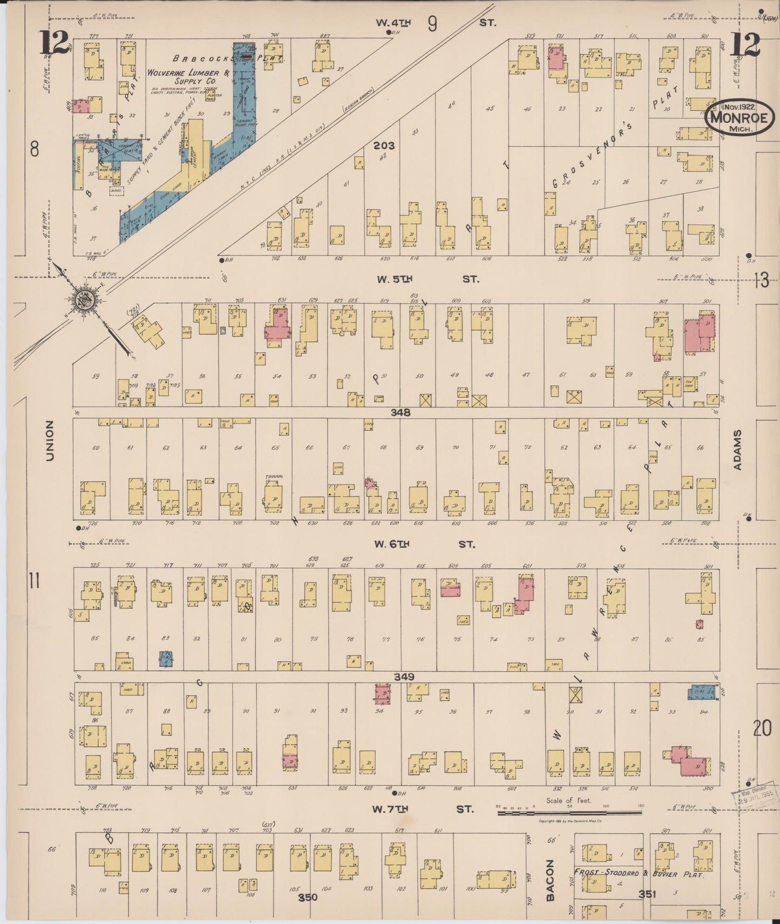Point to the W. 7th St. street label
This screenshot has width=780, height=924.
422,809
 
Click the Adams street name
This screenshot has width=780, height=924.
738,450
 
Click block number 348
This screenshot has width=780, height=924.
401,412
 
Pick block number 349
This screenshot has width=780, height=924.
404,677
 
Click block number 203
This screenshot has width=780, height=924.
384,145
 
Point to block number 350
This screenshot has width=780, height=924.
308,898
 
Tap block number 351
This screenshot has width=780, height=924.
647,894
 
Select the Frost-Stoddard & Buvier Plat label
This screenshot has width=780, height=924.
639,873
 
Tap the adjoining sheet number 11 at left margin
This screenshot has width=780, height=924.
35,582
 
